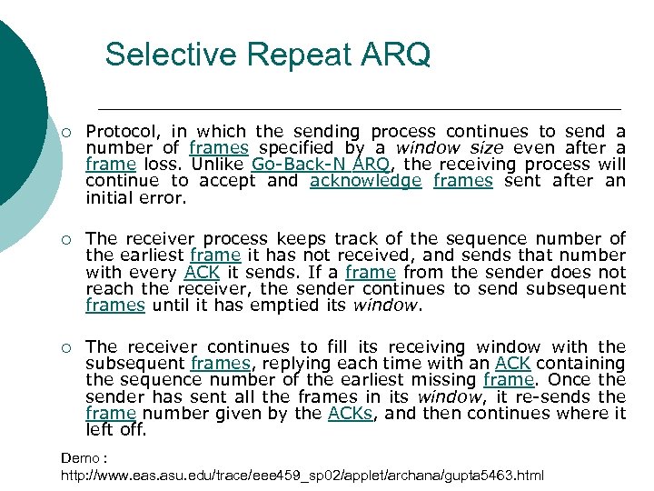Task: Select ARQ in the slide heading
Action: [x=398, y=55]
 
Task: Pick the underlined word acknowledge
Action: [x=365, y=181]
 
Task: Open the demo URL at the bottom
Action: [x=302, y=476]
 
